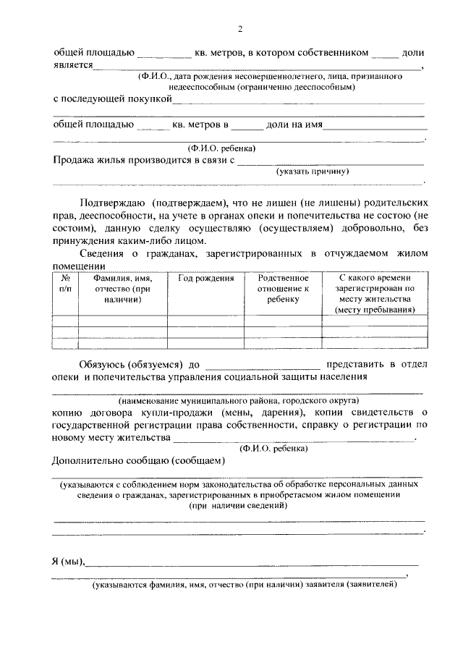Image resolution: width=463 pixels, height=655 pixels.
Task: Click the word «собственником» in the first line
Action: pos(336,53)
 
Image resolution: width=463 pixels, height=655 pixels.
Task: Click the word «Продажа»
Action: pos(75,160)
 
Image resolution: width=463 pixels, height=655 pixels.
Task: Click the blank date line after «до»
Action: pos(263,364)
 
